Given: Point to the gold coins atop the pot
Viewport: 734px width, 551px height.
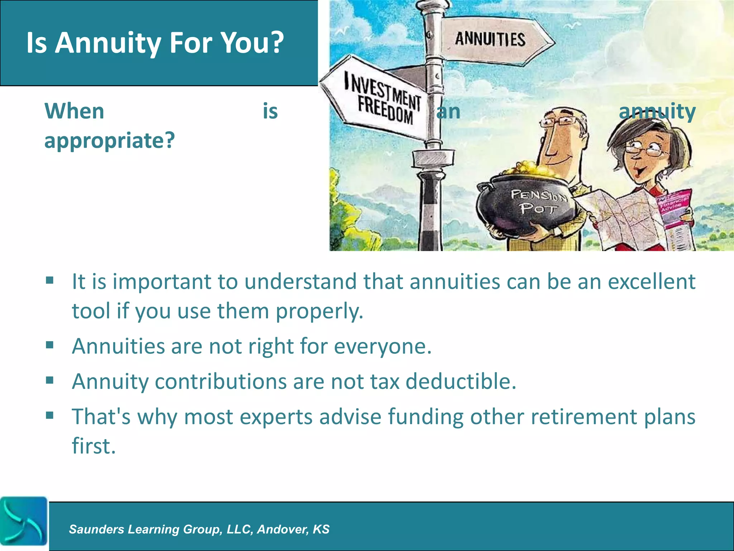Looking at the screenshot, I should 523,169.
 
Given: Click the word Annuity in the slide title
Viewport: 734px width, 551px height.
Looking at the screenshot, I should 108,43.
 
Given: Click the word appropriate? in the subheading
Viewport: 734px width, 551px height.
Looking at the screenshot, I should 110,141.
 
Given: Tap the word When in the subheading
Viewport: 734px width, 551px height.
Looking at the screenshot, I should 74,111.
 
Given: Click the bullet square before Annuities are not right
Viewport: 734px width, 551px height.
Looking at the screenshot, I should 50,345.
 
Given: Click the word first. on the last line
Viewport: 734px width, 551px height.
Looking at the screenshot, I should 94,446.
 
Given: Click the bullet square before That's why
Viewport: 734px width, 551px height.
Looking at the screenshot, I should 50,415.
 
